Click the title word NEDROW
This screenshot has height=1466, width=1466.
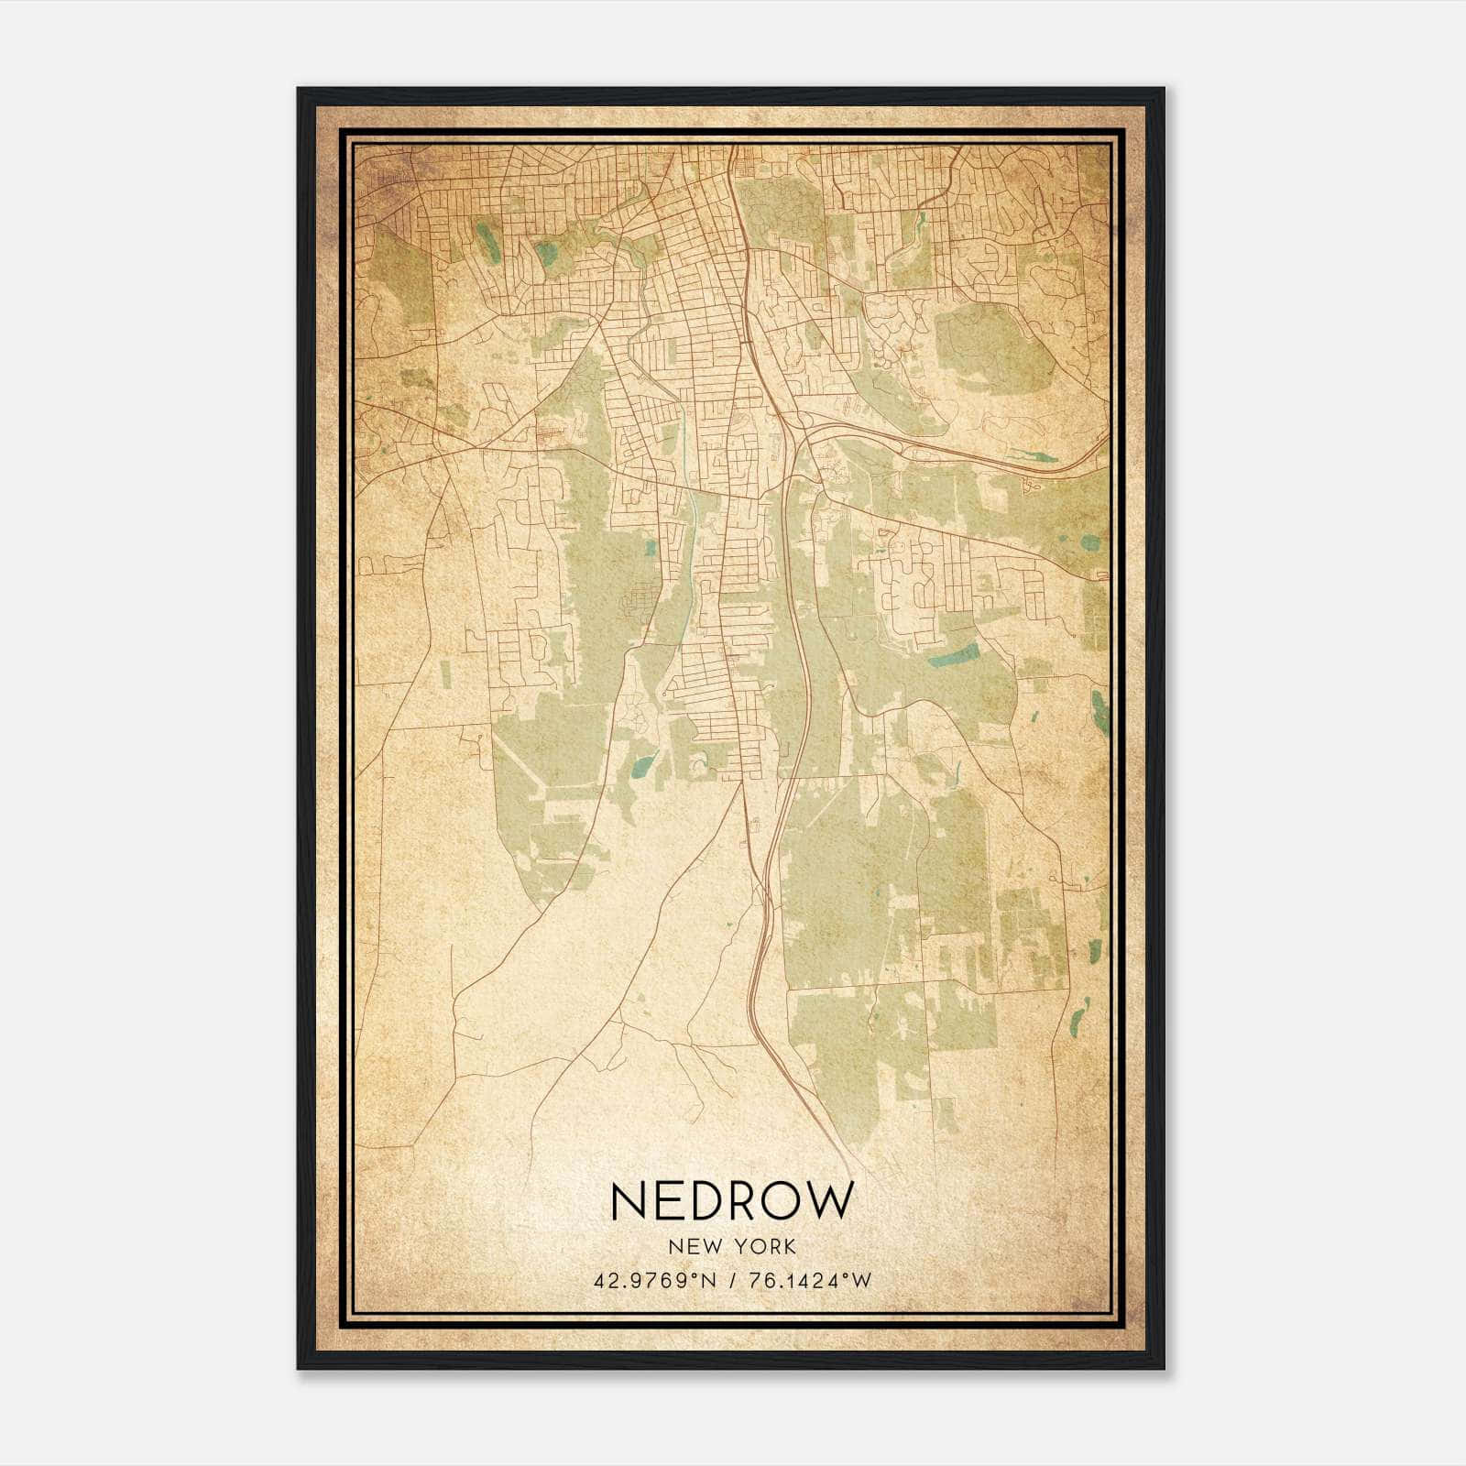[731, 1200]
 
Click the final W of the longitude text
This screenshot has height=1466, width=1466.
[862, 1280]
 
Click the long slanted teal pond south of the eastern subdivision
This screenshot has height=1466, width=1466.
[952, 654]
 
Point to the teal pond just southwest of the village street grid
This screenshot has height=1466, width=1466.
[642, 765]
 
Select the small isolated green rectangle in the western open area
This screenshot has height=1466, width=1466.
[445, 673]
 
